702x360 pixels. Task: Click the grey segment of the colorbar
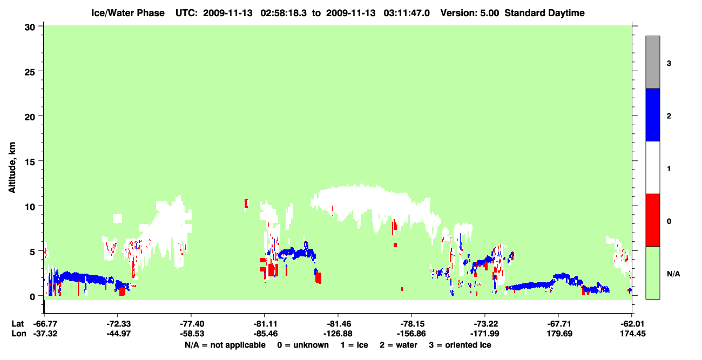coord(652,62)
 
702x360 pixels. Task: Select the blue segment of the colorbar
coord(652,114)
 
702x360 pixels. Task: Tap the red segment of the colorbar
coord(652,220)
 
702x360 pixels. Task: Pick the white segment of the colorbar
coord(652,167)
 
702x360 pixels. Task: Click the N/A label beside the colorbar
coord(673,274)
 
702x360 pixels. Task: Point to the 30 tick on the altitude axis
coord(30,28)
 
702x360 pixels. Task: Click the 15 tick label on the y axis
coord(30,161)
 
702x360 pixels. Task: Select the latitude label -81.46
coord(339,324)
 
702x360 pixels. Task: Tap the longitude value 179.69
coord(559,334)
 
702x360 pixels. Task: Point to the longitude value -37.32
coord(45,334)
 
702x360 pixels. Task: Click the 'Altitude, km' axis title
coord(12,168)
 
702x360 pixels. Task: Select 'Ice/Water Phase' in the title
coord(128,13)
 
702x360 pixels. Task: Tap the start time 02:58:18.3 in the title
coord(283,13)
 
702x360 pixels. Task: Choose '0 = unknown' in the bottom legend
coord(303,345)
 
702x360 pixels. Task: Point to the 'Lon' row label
coord(19,334)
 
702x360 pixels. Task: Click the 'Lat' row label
coord(17,324)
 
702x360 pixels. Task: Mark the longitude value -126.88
coord(338,334)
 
